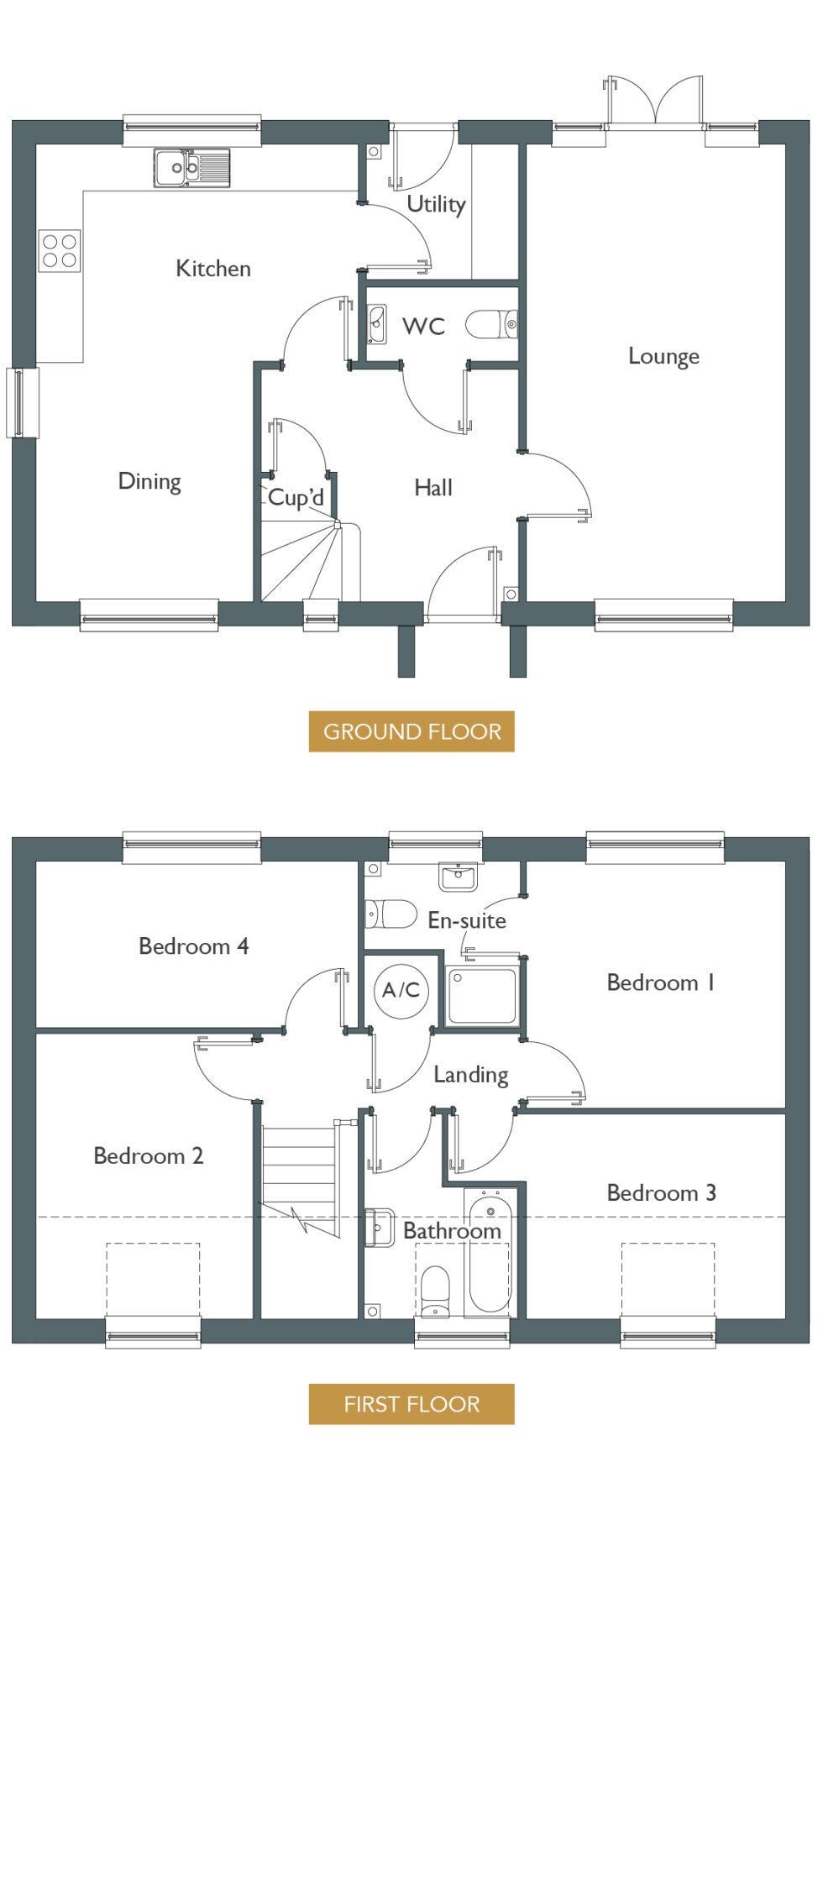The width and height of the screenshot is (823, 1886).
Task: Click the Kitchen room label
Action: [x=213, y=269]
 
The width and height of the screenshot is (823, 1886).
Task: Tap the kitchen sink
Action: [x=191, y=168]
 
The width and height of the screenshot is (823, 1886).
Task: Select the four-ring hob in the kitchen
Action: [x=60, y=250]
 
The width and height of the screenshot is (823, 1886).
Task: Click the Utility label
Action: [x=436, y=204]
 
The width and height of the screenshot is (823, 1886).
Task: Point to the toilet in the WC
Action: [x=491, y=324]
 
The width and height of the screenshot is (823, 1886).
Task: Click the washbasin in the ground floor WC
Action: [x=377, y=324]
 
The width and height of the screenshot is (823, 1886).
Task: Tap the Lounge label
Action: [x=663, y=356]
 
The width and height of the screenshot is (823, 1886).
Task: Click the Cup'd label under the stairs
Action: [x=296, y=497]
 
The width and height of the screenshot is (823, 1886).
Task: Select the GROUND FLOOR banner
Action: [x=411, y=731]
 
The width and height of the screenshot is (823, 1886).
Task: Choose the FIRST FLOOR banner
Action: [x=411, y=1404]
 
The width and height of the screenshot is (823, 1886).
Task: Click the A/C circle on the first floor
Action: [x=401, y=990]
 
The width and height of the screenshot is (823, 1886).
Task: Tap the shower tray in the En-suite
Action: [x=482, y=996]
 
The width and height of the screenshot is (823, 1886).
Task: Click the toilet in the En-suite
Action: [x=391, y=914]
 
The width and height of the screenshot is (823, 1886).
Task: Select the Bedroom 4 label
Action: [x=194, y=946]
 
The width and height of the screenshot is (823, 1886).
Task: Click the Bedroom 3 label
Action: [x=662, y=1192]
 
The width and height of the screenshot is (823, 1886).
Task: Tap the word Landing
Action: [x=471, y=1076]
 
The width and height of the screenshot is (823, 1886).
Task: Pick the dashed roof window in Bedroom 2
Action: [x=153, y=1281]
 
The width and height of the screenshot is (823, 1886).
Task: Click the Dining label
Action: [x=149, y=481]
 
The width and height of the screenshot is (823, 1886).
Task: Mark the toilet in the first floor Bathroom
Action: [x=435, y=1292]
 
